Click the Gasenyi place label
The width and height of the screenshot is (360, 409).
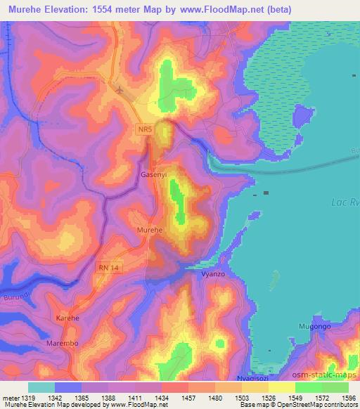(153, 174)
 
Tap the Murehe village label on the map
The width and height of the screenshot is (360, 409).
(149, 230)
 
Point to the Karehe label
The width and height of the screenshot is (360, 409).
(68, 318)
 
